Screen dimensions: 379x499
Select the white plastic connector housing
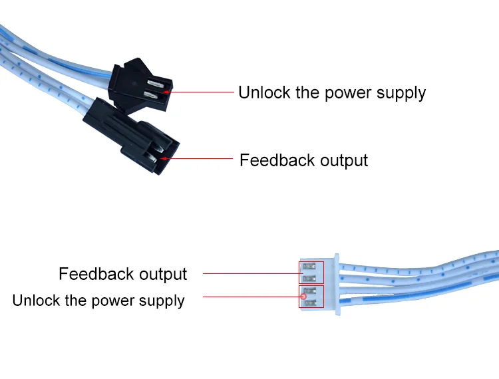click(x=319, y=283)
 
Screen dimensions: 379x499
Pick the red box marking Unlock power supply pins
click(x=311, y=297)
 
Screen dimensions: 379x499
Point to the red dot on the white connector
click(x=304, y=296)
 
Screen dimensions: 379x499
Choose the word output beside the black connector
click(x=344, y=160)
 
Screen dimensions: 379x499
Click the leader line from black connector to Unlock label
click(x=200, y=92)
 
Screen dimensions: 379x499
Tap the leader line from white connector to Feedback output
click(x=249, y=273)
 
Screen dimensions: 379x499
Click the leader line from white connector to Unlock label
click(x=249, y=296)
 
